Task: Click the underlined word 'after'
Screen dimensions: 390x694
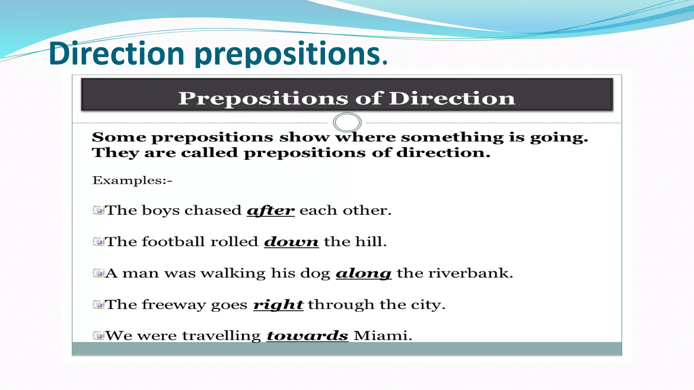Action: pyautogui.click(x=270, y=211)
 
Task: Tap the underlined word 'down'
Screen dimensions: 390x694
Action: pyautogui.click(x=291, y=242)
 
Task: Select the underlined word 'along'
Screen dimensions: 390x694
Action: pyautogui.click(x=364, y=273)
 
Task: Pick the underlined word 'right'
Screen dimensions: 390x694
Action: pyautogui.click(x=278, y=305)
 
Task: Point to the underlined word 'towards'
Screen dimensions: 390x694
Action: pyautogui.click(x=307, y=336)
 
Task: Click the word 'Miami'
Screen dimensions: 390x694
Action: pyautogui.click(x=382, y=336)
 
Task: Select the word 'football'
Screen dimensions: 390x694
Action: pyautogui.click(x=173, y=242)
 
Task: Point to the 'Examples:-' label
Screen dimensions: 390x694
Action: pyautogui.click(x=132, y=180)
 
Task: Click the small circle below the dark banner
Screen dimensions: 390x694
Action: pyautogui.click(x=347, y=122)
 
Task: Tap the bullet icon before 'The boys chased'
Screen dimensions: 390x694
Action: pyautogui.click(x=98, y=211)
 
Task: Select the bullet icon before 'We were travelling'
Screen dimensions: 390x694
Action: pyautogui.click(x=98, y=336)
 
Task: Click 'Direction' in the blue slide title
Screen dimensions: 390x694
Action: pyautogui.click(x=116, y=53)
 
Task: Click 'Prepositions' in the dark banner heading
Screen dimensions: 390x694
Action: pyautogui.click(x=263, y=99)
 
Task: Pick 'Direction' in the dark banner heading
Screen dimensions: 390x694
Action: pyautogui.click(x=451, y=99)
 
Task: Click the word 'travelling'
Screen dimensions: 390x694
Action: pyautogui.click(x=221, y=336)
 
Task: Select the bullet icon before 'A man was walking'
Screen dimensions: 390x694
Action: pyautogui.click(x=98, y=273)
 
